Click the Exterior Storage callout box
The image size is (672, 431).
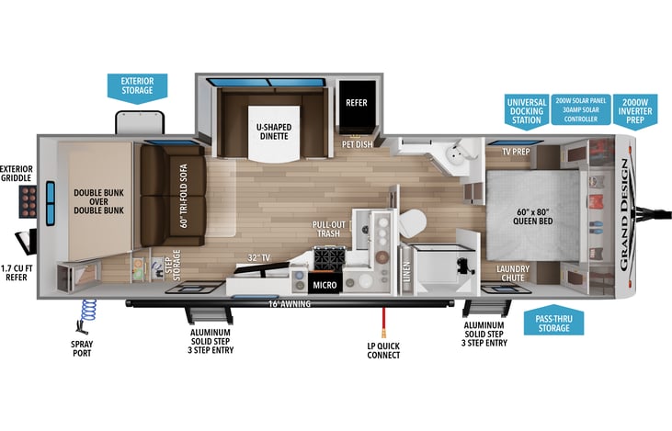137,85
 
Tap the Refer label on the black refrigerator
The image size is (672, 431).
356,102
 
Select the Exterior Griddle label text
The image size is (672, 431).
17,175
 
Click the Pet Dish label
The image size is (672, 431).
357,144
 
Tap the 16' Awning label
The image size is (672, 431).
287,302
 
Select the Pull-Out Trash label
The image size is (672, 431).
327,229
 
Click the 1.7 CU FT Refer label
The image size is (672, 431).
17,272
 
